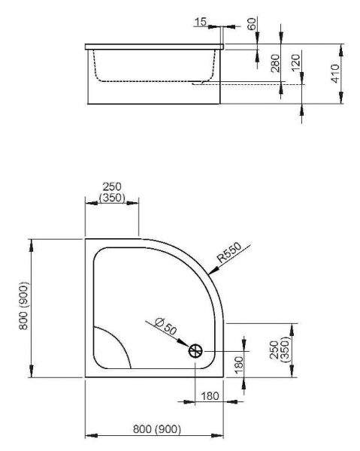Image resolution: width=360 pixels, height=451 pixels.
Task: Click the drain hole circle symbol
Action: (195, 351)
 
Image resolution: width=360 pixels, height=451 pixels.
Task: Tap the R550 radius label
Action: (229, 253)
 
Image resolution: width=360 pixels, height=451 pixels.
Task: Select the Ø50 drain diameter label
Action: (165, 326)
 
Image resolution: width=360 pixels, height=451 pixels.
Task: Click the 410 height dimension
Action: (335, 74)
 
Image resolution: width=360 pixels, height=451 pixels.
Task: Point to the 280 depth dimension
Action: (275, 63)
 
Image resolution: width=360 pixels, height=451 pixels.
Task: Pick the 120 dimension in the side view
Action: (295, 62)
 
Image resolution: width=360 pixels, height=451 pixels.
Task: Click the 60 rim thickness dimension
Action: (251, 23)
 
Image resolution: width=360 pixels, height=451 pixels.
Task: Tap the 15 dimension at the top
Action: (201, 22)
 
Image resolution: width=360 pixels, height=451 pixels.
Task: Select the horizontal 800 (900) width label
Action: (157, 429)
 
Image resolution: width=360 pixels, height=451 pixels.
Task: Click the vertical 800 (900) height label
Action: (24, 306)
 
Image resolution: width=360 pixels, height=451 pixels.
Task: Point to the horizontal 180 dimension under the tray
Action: (210, 396)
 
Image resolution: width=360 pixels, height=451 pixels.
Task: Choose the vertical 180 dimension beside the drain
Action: (239, 365)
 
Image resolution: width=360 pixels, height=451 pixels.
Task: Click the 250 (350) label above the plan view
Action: (112, 192)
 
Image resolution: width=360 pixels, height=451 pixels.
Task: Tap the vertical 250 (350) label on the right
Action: (279, 350)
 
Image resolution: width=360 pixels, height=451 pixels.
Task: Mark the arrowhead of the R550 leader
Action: (213, 271)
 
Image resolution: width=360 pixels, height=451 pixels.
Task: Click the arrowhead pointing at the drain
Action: (183, 343)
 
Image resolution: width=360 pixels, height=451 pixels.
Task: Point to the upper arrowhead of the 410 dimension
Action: (341, 50)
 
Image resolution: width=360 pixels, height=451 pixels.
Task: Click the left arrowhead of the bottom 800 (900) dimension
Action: (92, 435)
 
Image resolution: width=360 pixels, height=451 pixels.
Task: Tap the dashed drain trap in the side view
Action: (201, 83)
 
